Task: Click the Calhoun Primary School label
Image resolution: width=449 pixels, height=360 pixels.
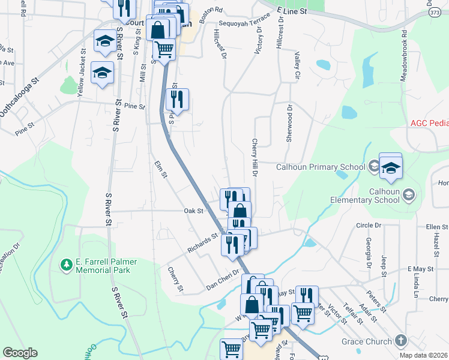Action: tap(320, 167)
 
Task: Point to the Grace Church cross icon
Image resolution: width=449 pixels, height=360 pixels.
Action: tap(401, 341)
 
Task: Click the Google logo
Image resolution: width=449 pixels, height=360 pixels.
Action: tap(20, 353)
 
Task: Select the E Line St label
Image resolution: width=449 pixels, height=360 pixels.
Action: tap(292, 11)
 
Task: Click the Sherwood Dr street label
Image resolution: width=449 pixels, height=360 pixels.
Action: tap(289, 122)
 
